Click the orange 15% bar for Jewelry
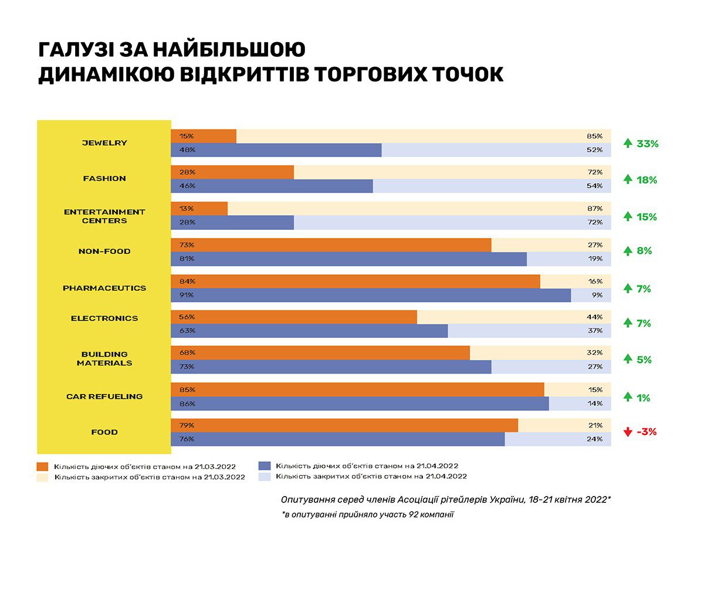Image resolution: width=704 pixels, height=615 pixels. tap(204, 136)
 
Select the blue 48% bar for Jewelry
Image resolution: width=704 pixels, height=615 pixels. tap(276, 150)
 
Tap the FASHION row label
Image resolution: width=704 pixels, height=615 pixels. tap(104, 178)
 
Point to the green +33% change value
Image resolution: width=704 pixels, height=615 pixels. tap(647, 144)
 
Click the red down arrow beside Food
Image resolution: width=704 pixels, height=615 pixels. tap(628, 433)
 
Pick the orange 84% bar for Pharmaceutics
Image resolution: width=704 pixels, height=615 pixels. tap(355, 281)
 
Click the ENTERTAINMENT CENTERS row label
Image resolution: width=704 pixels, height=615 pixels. tap(104, 216)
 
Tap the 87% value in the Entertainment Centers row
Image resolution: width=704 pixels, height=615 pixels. tap(594, 209)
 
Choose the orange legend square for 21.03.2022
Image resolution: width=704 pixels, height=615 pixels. tap(42, 467)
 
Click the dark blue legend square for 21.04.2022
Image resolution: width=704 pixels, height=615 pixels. tap(264, 466)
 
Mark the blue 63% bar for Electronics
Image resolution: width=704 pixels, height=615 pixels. tap(309, 331)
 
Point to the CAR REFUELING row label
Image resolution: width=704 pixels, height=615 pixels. tap(104, 396)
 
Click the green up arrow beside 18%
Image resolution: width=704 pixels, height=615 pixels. tap(628, 179)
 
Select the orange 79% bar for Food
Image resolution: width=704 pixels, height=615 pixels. tap(344, 426)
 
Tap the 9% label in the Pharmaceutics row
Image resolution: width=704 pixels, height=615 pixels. tap(597, 295)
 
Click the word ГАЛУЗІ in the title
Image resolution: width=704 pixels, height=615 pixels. tap(76, 49)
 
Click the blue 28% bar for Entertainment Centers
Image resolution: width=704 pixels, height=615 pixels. tap(232, 223)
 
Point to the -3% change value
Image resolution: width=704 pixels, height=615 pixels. tap(647, 432)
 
